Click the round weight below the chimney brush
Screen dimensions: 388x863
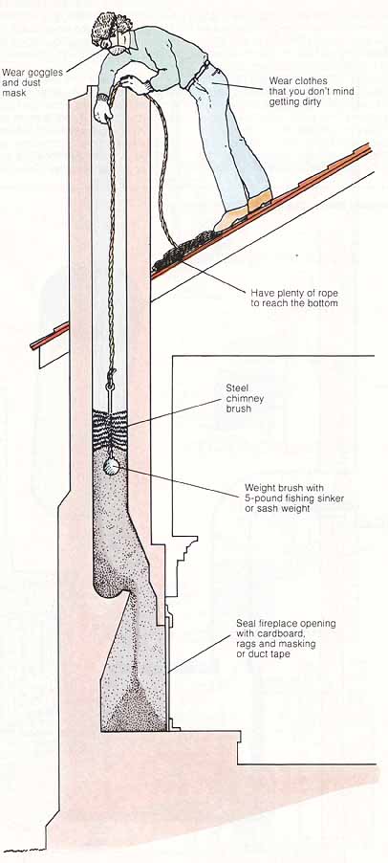click(112, 467)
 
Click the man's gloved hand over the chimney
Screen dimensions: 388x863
click(103, 111)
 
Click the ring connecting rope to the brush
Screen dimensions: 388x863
click(111, 387)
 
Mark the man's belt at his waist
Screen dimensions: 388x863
click(199, 74)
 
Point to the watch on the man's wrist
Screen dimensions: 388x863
click(101, 97)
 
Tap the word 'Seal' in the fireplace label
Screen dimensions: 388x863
click(246, 624)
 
